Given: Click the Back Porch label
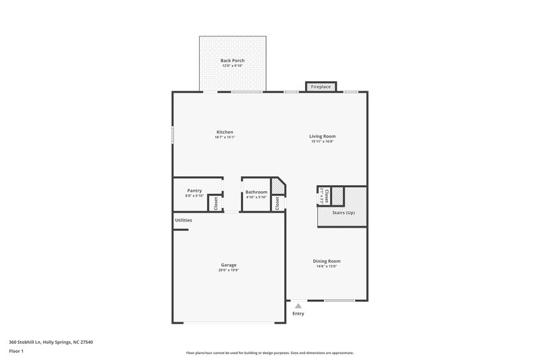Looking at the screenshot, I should click(x=232, y=61).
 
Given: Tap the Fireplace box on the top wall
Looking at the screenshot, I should click(x=321, y=87).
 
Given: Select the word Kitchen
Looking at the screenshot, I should click(x=225, y=132).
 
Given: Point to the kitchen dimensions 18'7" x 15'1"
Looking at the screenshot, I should click(x=225, y=137).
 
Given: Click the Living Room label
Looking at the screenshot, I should click(x=323, y=136).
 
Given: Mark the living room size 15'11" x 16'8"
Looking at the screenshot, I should click(x=323, y=142).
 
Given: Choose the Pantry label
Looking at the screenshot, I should click(x=194, y=191).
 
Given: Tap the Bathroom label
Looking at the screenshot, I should click(x=256, y=192).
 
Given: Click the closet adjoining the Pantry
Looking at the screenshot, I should click(x=216, y=203).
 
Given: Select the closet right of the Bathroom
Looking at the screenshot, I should click(x=277, y=203).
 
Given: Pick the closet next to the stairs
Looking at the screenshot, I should click(x=327, y=196).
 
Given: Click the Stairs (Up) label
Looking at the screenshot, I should click(x=344, y=213).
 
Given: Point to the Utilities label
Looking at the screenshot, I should click(x=184, y=221).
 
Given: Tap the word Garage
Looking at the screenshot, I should click(x=228, y=265).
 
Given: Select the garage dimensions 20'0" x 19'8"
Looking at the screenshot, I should click(x=228, y=270).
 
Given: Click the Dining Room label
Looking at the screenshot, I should click(x=326, y=261).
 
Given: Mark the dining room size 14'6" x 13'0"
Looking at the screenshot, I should click(x=326, y=266).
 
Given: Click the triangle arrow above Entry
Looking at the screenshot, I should click(x=298, y=306).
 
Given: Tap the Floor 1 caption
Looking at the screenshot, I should click(x=16, y=352).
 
